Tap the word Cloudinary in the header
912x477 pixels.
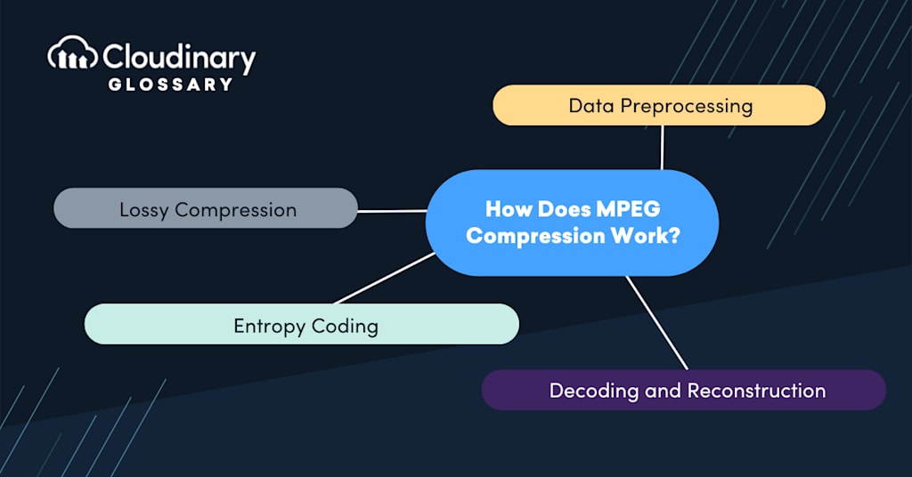(179, 58)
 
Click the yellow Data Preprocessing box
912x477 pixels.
(659, 106)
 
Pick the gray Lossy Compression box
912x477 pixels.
(206, 209)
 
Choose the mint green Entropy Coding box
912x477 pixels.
(302, 325)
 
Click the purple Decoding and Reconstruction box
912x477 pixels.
(684, 391)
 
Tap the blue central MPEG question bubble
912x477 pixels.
(572, 222)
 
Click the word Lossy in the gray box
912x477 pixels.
(145, 210)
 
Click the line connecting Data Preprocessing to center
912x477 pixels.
(662, 147)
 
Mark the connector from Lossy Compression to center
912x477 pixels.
(392, 211)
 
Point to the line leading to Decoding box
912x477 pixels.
(656, 322)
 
